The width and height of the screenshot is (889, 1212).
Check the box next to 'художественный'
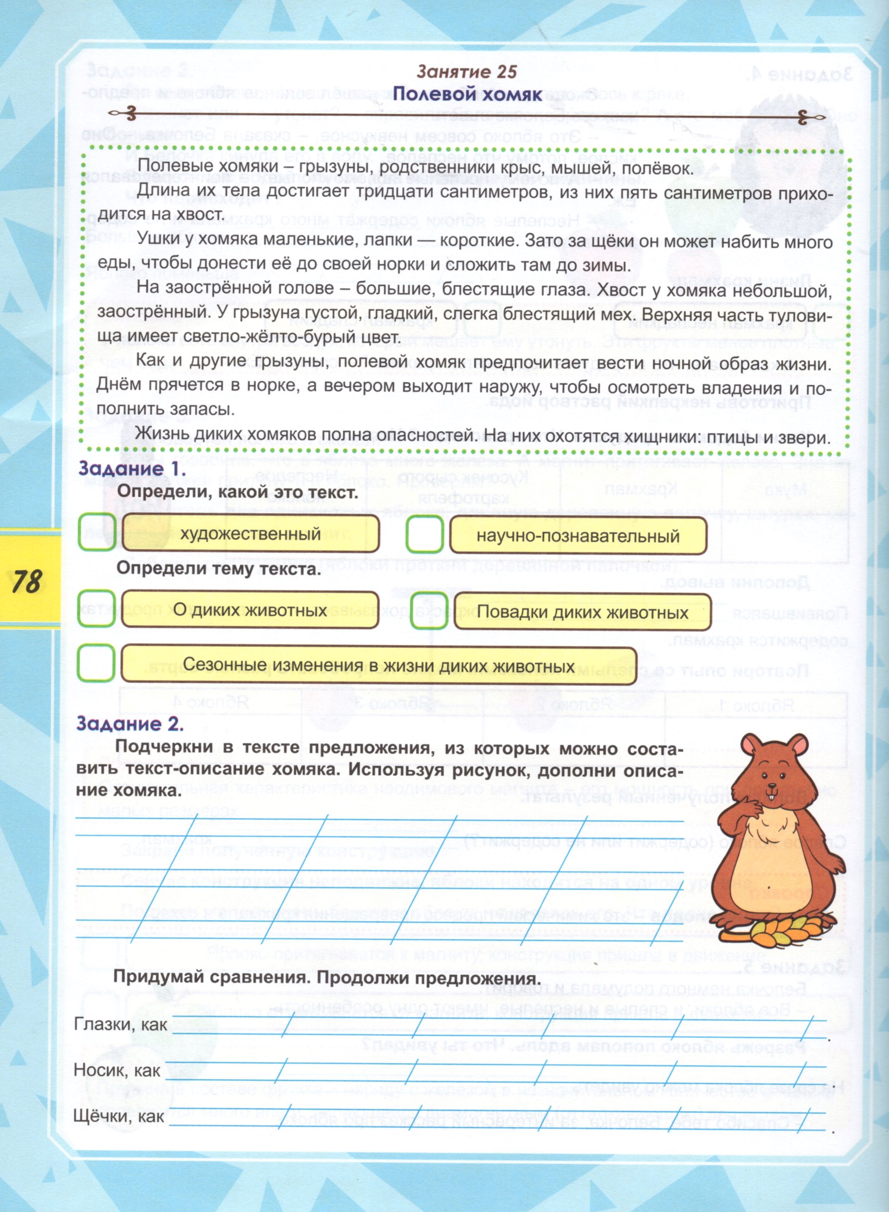tap(97, 532)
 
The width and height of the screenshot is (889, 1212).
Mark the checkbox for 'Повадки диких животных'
tap(429, 610)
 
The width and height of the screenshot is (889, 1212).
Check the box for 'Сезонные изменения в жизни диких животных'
tap(96, 663)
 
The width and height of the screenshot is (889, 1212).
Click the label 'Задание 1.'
tap(121, 468)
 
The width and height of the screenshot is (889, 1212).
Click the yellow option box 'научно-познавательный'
tap(577, 535)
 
